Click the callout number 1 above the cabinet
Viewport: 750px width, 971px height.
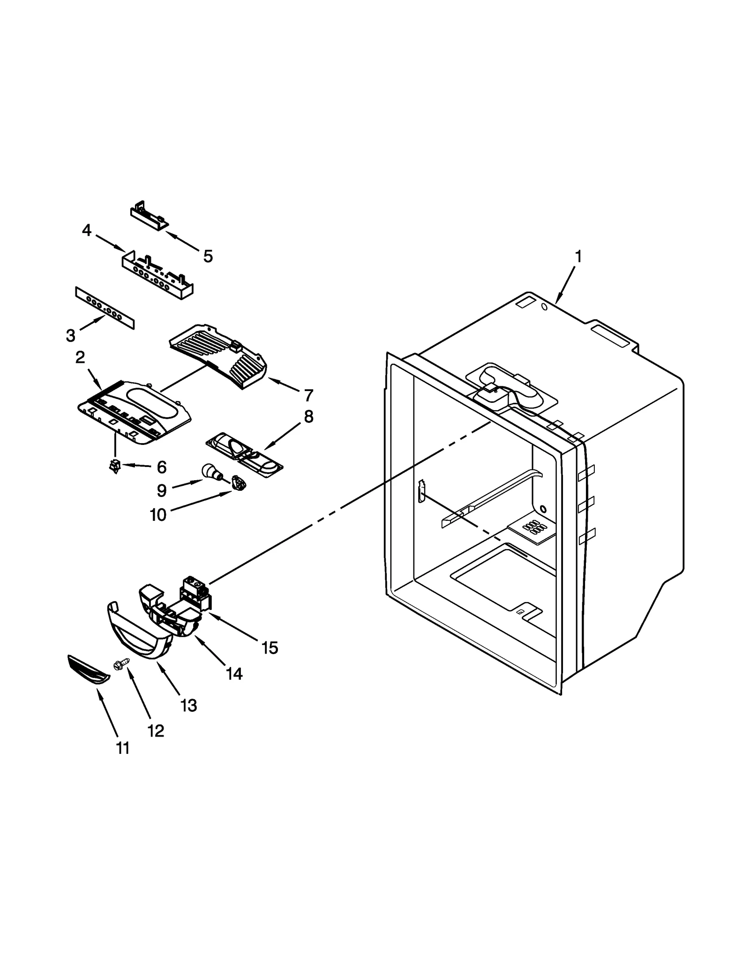(578, 256)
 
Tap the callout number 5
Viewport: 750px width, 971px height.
(208, 256)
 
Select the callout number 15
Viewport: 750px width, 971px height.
(270, 648)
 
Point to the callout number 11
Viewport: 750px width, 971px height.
(123, 748)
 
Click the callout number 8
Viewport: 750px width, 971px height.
(308, 416)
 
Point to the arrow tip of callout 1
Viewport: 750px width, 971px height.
(556, 303)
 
